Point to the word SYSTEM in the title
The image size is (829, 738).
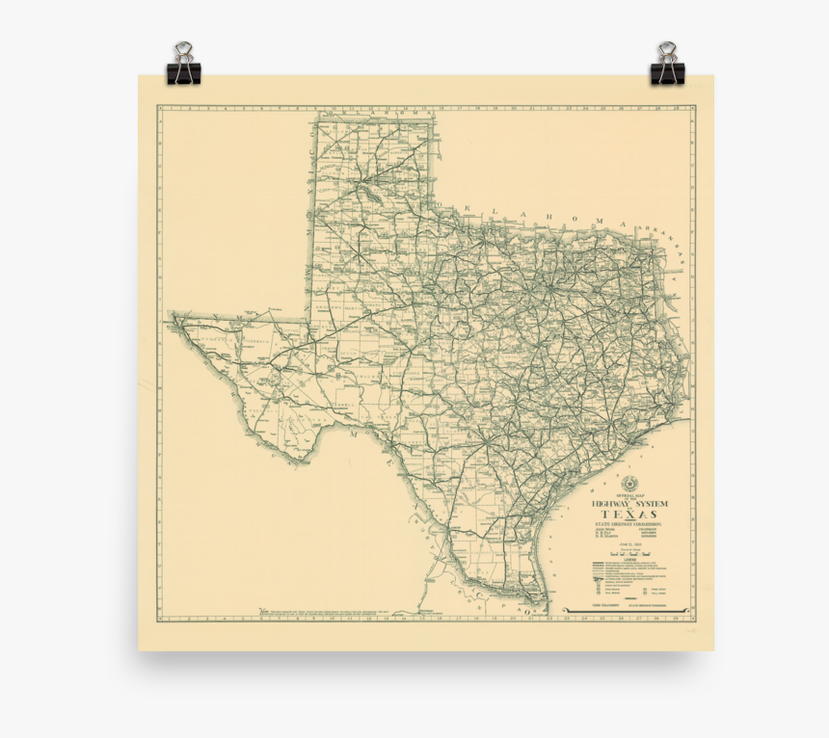pyautogui.click(x=651, y=504)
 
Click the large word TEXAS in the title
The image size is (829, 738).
pyautogui.click(x=630, y=514)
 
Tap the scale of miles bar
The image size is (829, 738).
pyautogui.click(x=627, y=555)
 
